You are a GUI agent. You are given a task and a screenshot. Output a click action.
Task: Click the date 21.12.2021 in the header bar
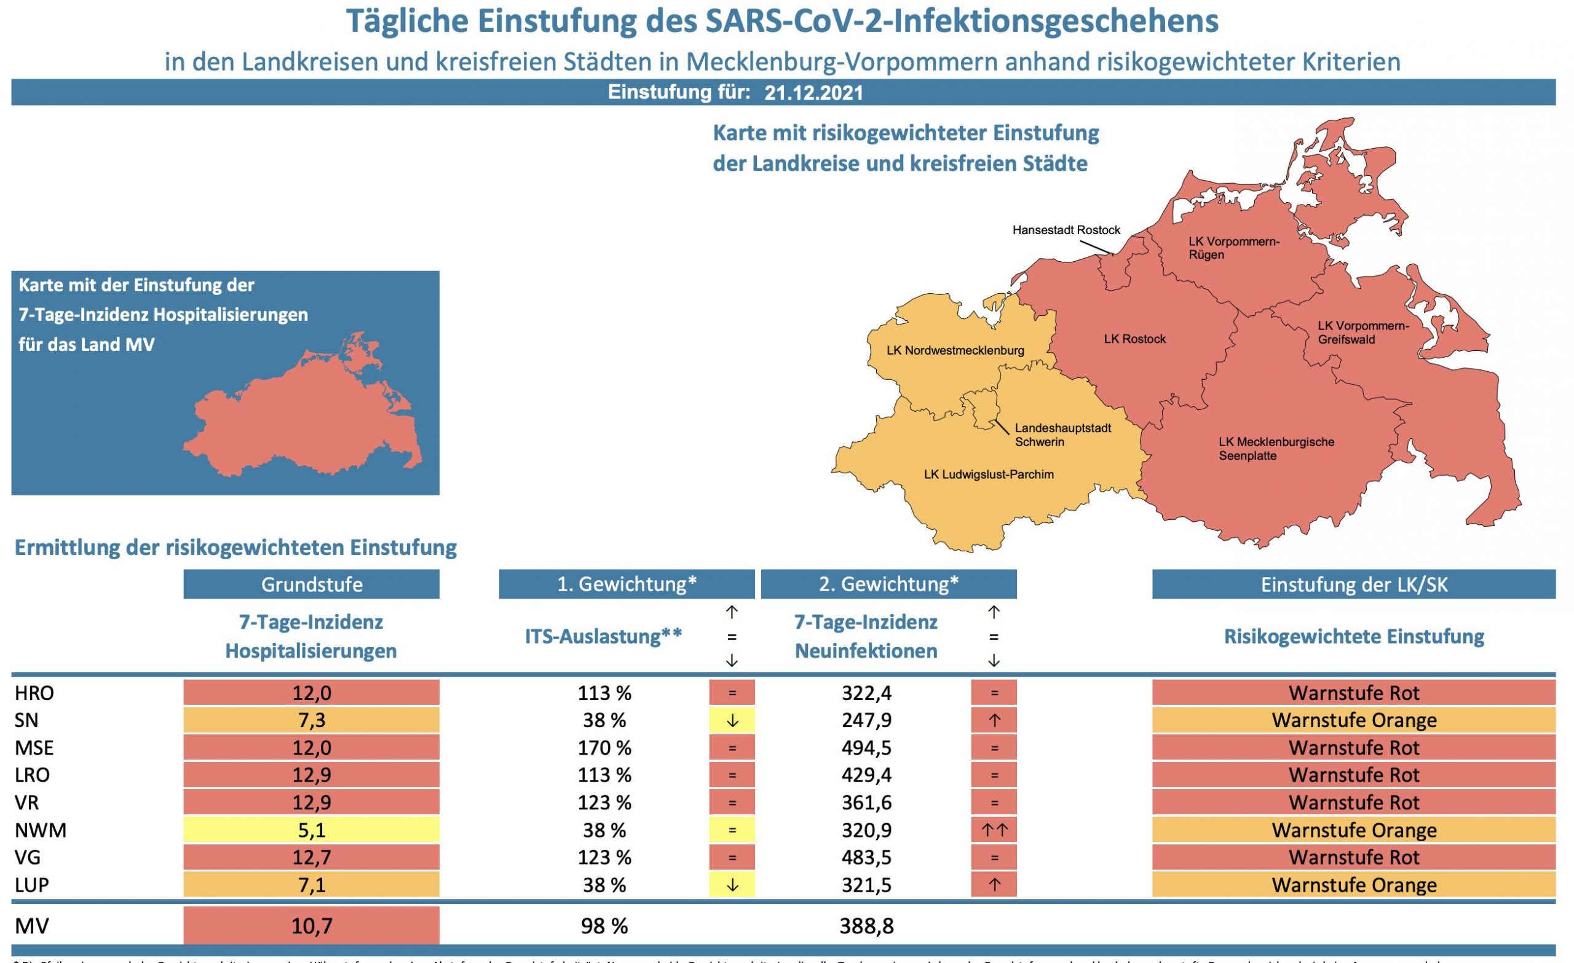point(813,93)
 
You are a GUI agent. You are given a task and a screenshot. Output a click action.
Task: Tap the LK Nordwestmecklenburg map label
point(955,350)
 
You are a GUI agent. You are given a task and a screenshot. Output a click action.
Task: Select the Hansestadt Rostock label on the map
point(1066,230)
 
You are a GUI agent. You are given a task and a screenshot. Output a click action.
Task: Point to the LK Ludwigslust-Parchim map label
point(988,474)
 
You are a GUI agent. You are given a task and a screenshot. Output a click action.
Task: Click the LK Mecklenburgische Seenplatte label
point(1276,448)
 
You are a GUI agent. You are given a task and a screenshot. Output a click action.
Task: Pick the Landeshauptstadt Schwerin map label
point(1062,434)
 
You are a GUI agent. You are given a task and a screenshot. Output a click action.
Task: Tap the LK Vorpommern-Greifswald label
point(1362,332)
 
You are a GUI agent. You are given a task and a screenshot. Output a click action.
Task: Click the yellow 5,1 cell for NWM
point(311,830)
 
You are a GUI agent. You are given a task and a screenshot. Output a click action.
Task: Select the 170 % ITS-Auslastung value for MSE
point(604,747)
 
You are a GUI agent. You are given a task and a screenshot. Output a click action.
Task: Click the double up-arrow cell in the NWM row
point(994,830)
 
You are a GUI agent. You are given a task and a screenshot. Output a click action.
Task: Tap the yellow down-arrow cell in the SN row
point(732,720)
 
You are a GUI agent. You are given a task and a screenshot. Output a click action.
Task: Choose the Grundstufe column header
point(311,584)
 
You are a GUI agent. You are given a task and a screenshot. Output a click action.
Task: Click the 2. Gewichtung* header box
point(888,584)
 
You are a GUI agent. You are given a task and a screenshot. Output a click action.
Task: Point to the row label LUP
point(32,885)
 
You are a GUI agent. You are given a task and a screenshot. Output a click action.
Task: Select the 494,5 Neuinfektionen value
point(866,747)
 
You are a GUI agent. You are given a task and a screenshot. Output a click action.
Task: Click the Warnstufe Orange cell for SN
point(1353,720)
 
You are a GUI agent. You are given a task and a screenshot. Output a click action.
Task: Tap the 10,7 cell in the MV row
point(311,926)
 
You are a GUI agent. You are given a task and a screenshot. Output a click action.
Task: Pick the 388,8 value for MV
point(866,926)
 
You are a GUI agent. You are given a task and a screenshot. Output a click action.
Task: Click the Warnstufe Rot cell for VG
point(1353,857)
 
